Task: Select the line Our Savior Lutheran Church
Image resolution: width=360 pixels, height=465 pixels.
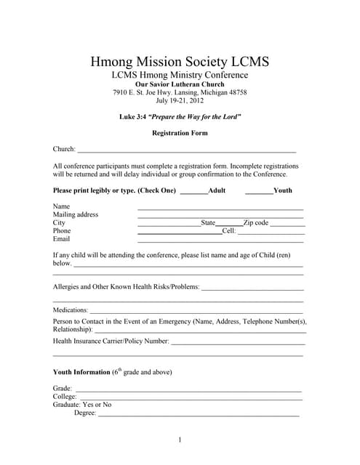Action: click(x=180, y=84)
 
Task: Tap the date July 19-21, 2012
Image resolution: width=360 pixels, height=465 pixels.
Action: click(x=180, y=101)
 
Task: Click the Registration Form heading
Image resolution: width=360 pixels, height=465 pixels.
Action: click(x=180, y=133)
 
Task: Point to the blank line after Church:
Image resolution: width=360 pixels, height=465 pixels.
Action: click(x=186, y=150)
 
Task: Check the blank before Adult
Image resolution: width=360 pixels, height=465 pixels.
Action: click(x=193, y=191)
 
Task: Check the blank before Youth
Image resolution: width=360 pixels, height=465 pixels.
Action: click(x=258, y=191)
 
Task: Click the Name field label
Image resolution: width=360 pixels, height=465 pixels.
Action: click(x=62, y=207)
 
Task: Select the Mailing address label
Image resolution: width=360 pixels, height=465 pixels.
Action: click(x=76, y=215)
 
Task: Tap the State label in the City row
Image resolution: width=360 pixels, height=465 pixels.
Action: click(x=208, y=223)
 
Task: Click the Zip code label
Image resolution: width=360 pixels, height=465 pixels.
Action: click(x=256, y=223)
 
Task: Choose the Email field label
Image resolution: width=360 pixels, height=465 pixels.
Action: click(x=62, y=239)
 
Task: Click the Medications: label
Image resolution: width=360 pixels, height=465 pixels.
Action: click(x=71, y=310)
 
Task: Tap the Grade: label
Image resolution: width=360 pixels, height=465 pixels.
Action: click(x=63, y=389)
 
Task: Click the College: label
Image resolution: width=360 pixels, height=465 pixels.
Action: click(x=65, y=397)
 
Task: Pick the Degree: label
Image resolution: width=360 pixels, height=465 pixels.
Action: click(x=85, y=413)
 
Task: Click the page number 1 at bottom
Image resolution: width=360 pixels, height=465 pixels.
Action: click(x=180, y=440)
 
